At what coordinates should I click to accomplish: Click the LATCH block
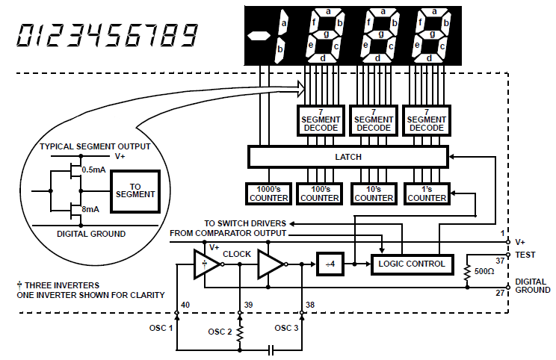[x=348, y=157]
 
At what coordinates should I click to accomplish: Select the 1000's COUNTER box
[x=268, y=193]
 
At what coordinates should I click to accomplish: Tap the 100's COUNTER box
[x=320, y=193]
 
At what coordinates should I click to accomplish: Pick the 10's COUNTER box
[x=374, y=193]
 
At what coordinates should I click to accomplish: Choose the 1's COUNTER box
[x=427, y=193]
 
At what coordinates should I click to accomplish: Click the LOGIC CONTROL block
[x=412, y=264]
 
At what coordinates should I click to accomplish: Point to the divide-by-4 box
[x=330, y=264]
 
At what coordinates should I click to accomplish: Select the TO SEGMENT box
[x=135, y=191]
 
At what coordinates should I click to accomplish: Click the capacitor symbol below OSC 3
[x=271, y=350]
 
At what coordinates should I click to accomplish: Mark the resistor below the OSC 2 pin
[x=240, y=333]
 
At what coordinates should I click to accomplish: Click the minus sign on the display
[x=259, y=36]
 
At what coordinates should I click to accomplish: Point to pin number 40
[x=185, y=305]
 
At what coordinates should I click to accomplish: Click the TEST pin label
[x=525, y=255]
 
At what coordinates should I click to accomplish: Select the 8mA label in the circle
[x=90, y=209]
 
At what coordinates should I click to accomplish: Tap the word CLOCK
[x=236, y=254]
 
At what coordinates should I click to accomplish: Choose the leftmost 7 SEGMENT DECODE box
[x=321, y=120]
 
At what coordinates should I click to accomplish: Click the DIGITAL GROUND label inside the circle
[x=91, y=234]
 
